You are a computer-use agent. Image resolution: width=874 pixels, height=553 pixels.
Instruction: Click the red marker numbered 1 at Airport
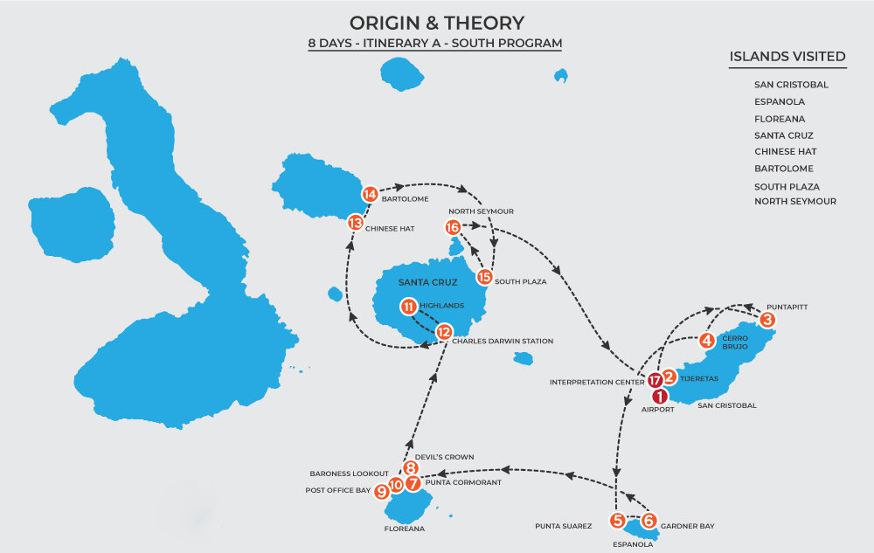[x=660, y=395]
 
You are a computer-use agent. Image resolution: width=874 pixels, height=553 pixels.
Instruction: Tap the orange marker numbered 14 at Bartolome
[x=370, y=194]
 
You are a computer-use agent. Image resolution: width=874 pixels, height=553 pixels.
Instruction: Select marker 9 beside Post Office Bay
[x=382, y=492]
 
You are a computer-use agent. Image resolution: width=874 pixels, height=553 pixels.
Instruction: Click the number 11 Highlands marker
[x=408, y=307]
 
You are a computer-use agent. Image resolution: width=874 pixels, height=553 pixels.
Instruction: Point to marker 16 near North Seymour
[x=452, y=227]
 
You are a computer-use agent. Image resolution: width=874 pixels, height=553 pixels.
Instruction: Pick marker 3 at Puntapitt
[x=766, y=320]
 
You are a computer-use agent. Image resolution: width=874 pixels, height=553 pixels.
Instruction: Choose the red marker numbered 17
[x=656, y=380]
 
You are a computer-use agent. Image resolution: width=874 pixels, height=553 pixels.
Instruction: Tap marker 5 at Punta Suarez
[x=618, y=521]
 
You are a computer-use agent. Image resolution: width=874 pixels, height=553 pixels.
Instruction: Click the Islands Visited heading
[x=787, y=58]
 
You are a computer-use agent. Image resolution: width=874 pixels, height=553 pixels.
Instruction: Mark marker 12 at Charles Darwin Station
[x=444, y=332]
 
